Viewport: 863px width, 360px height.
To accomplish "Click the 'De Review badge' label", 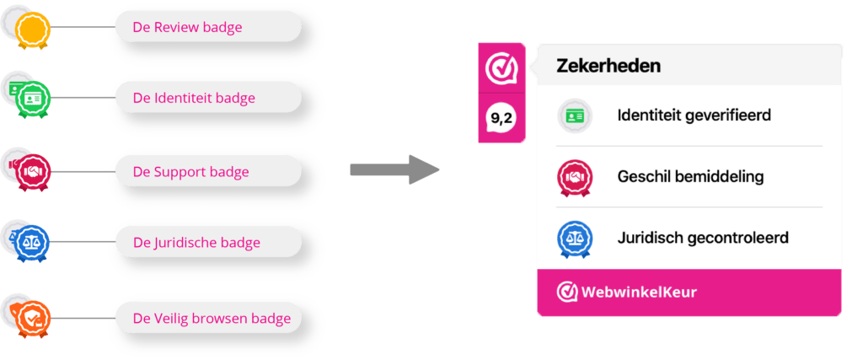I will click(187, 28).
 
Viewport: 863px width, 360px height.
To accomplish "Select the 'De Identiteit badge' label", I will click(194, 99).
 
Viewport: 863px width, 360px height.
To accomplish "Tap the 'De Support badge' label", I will click(190, 172).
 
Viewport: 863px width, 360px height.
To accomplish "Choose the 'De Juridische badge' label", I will click(196, 243).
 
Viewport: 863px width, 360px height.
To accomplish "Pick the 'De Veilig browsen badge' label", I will click(212, 318).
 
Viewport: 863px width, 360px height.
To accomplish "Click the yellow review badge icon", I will click(34, 30).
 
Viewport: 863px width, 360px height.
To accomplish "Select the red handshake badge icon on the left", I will click(35, 172).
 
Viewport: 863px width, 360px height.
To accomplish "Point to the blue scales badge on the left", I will click(35, 244).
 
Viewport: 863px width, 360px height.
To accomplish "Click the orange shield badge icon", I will click(35, 317).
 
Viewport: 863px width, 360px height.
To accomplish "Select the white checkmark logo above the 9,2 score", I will click(501, 68).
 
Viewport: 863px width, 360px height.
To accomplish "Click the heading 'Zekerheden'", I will click(608, 66).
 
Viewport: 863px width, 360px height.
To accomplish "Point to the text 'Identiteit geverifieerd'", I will click(694, 116).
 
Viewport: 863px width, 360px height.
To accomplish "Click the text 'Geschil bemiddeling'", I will click(690, 177).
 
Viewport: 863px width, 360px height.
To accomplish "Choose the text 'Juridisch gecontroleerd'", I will click(703, 238).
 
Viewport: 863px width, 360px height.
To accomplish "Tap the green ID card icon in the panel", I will click(576, 116).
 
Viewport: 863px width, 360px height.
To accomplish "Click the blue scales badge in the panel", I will click(576, 239).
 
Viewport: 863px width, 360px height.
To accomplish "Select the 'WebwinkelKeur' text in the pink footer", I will click(639, 293).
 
